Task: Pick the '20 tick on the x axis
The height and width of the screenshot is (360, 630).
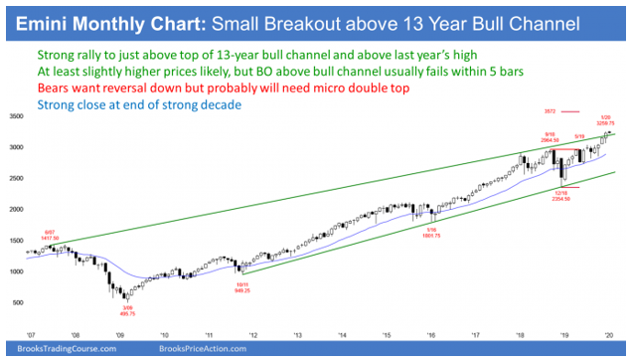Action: click(x=609, y=334)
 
